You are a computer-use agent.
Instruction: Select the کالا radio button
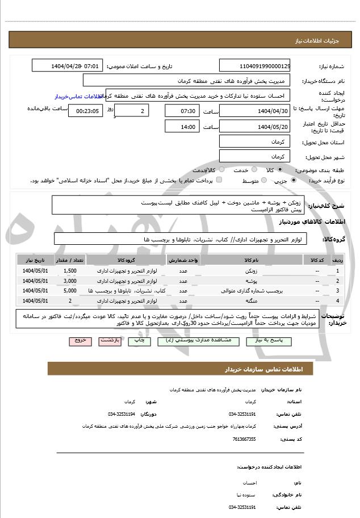[280, 170]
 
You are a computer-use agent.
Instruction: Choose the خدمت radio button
[253, 170]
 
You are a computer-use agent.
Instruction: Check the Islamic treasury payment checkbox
[219, 181]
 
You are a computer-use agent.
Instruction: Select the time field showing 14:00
[182, 127]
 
